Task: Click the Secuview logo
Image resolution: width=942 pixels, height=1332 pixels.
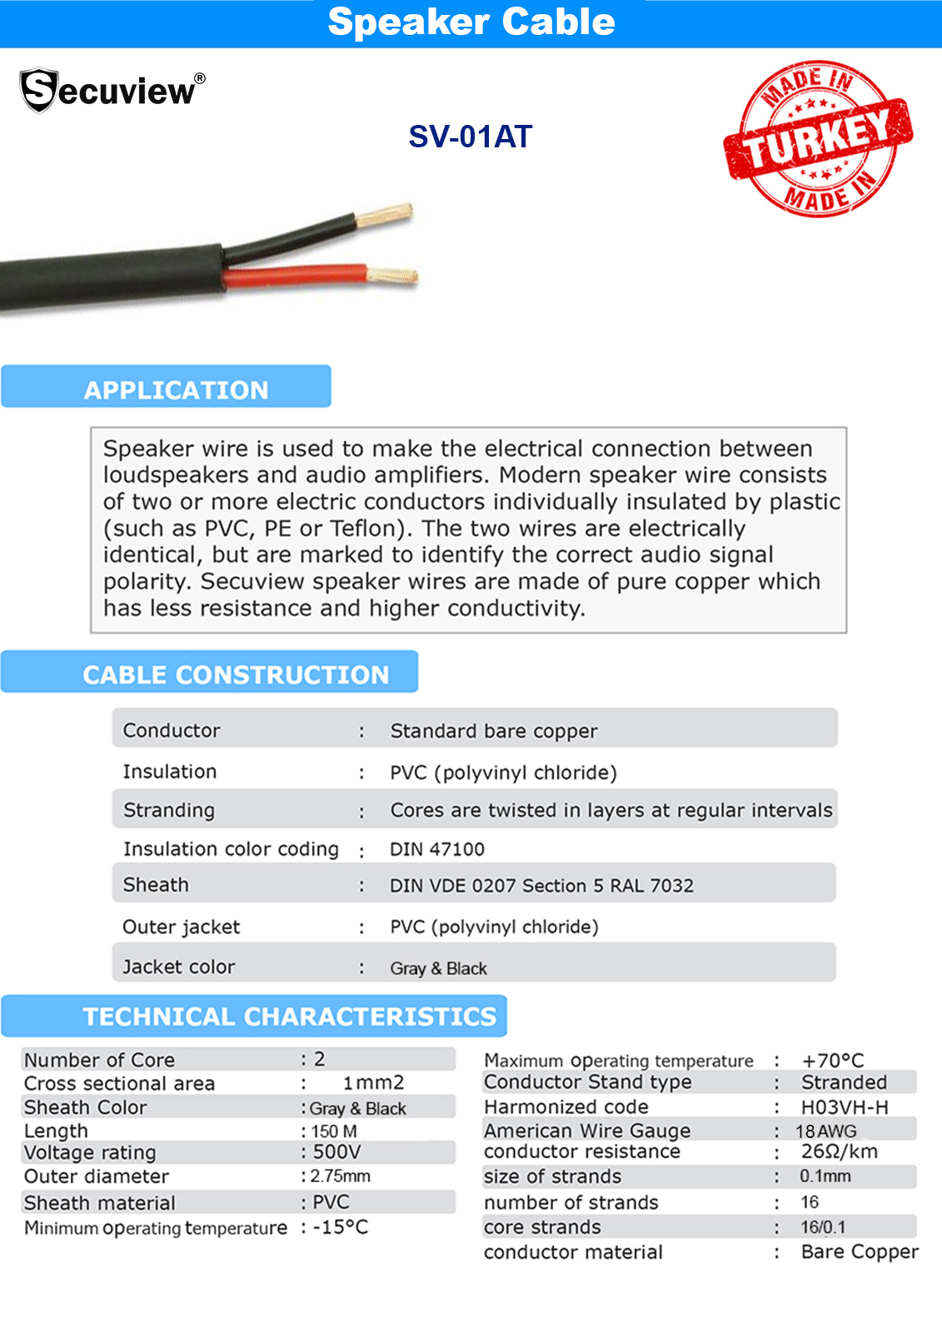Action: [112, 90]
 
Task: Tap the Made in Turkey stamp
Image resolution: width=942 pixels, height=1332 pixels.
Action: [818, 139]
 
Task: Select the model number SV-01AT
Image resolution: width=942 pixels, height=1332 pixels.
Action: [470, 137]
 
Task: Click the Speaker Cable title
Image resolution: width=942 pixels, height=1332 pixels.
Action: [471, 22]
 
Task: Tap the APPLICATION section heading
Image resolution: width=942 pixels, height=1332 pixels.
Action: [176, 390]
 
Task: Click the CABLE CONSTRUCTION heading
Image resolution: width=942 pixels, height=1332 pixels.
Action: [236, 674]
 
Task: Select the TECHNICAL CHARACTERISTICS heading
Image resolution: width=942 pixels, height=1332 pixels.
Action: [289, 1016]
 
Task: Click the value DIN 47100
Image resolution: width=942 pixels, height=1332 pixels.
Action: [437, 849]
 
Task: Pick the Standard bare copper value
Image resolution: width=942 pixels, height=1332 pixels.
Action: [494, 731]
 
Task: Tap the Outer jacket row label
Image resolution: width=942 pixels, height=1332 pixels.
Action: [181, 927]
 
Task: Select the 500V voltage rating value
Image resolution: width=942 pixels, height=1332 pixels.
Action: [336, 1152]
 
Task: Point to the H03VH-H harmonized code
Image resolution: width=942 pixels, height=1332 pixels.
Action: [845, 1107]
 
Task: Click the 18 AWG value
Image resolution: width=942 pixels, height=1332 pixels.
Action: [826, 1131]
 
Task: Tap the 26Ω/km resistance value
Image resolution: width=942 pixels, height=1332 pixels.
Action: [840, 1152]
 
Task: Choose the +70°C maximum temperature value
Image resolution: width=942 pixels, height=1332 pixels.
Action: [833, 1061]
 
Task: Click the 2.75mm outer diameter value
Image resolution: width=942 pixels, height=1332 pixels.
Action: [341, 1176]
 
